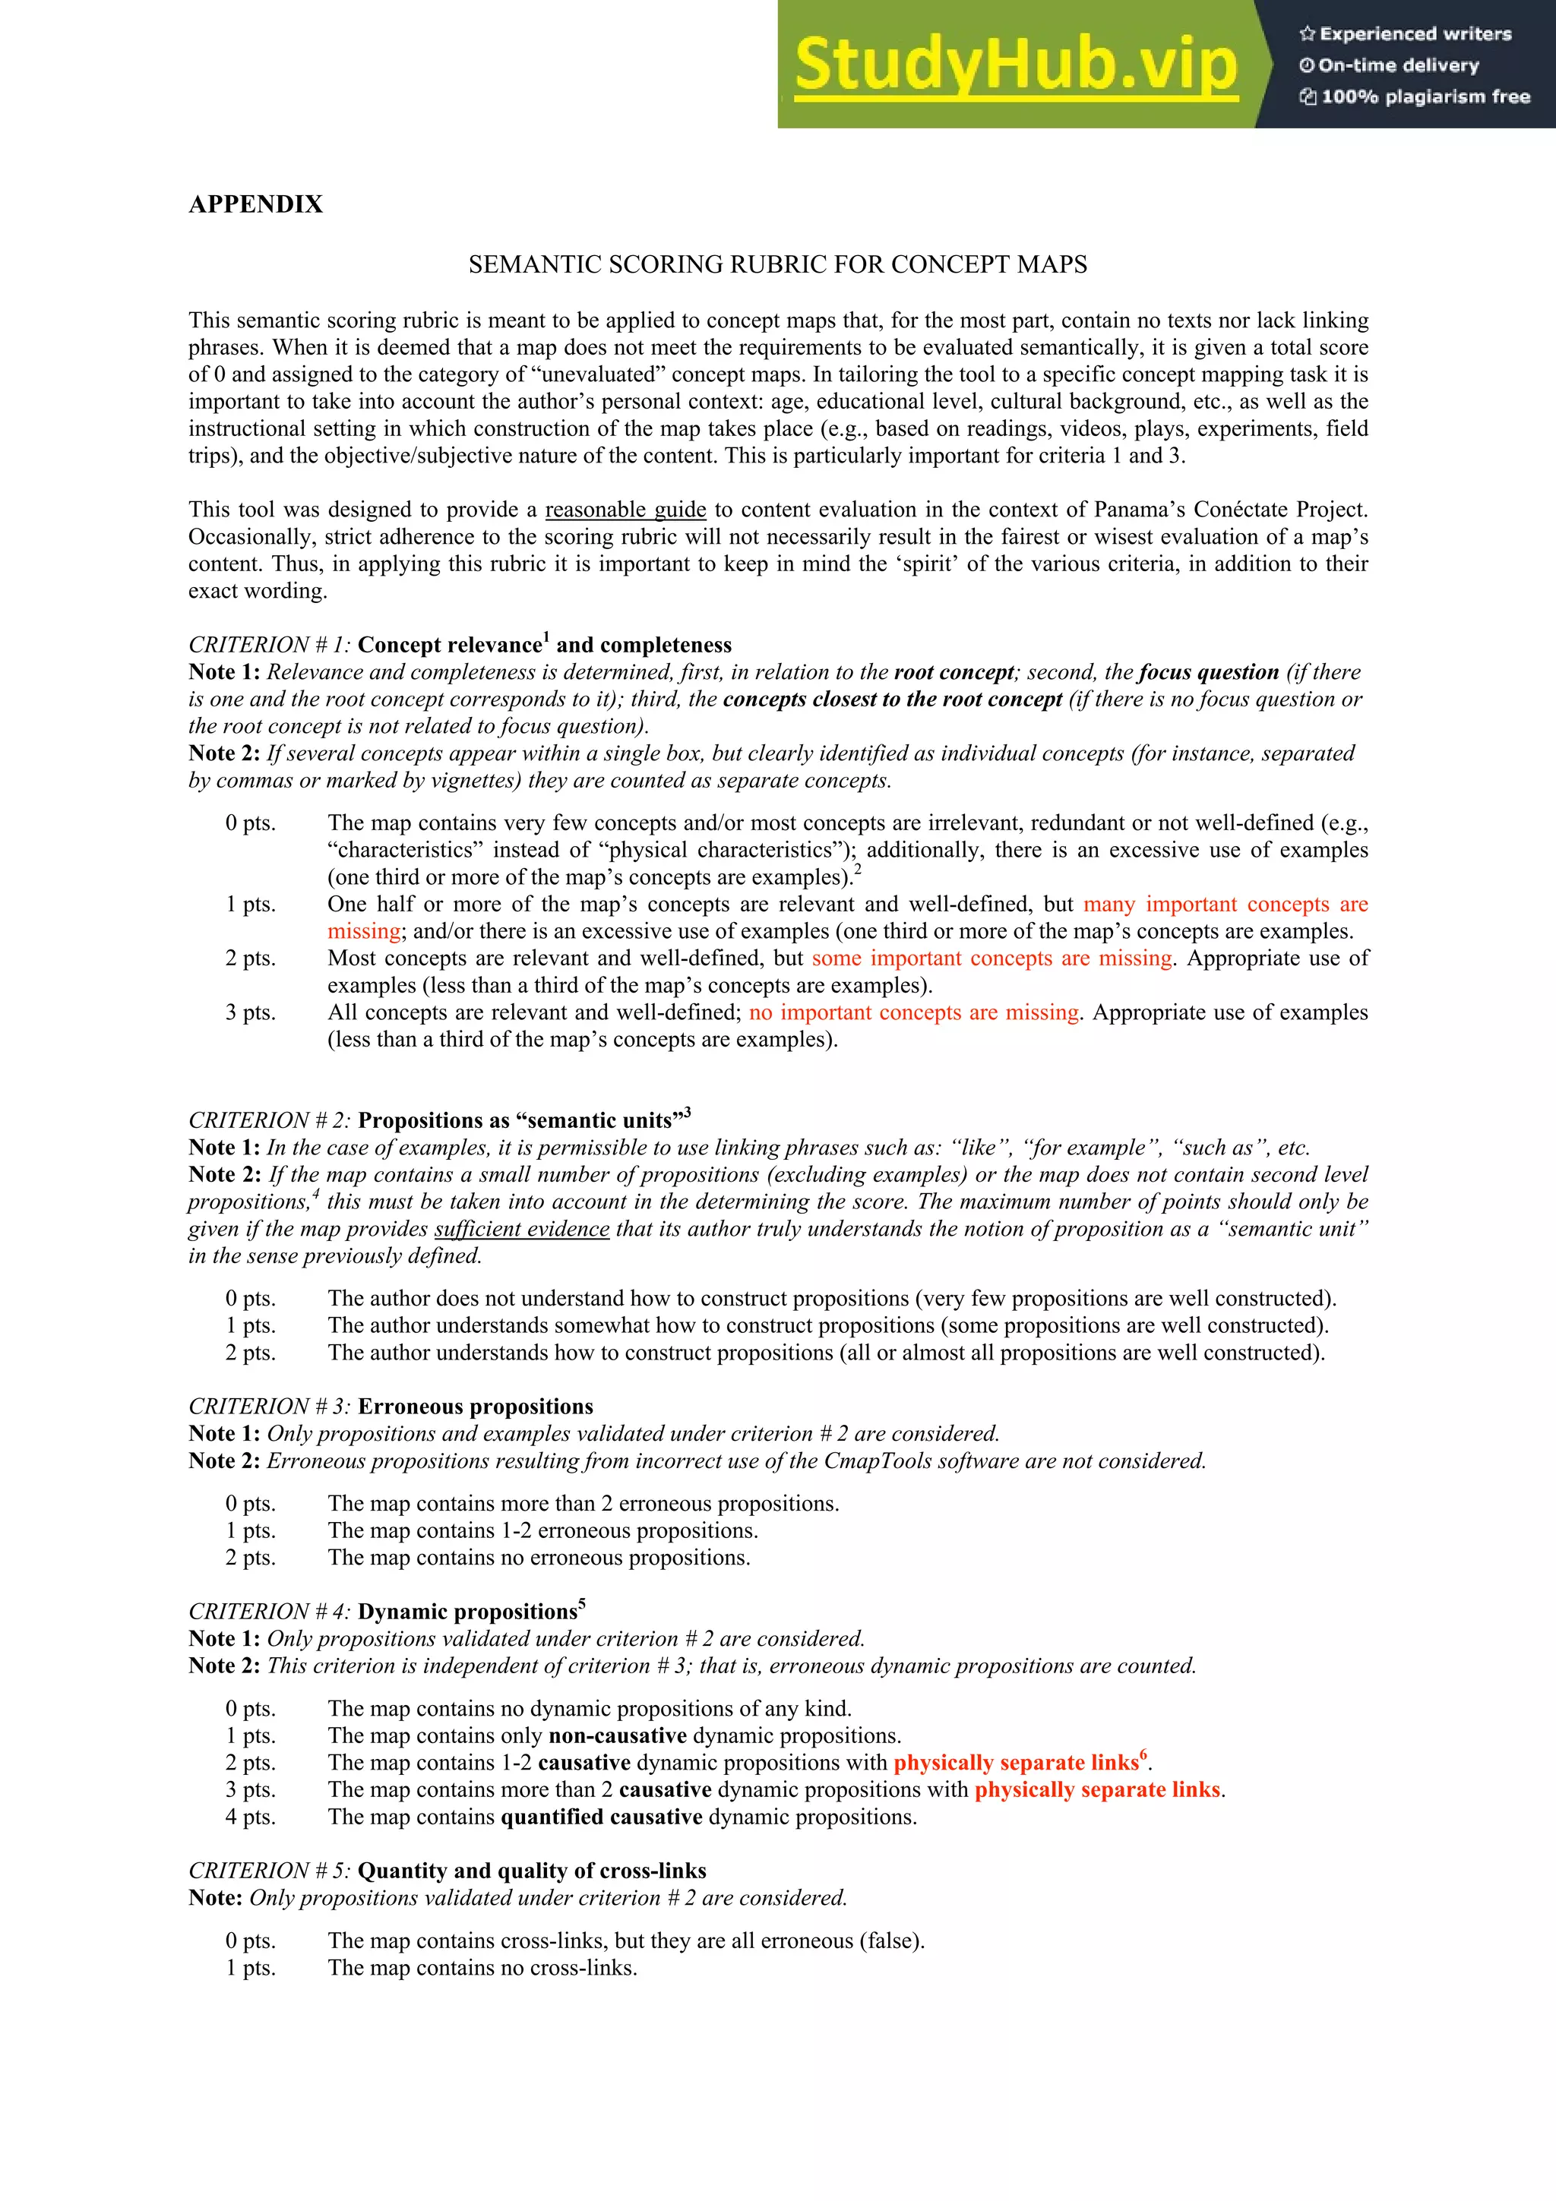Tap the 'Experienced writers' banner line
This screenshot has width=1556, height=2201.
[x=1406, y=33]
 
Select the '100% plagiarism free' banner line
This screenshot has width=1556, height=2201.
[x=1415, y=96]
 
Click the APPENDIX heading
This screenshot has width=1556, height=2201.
[x=256, y=204]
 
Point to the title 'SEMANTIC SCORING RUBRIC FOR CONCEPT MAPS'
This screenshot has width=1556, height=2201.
[x=777, y=264]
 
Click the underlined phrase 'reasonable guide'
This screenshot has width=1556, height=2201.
[x=625, y=510]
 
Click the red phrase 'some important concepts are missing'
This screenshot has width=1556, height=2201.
[x=992, y=958]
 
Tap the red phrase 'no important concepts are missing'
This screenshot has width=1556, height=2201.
[x=915, y=1012]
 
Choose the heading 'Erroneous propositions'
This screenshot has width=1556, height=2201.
[x=476, y=1407]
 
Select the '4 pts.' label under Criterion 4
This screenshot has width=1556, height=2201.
[x=250, y=1817]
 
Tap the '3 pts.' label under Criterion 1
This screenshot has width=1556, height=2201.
[x=250, y=1012]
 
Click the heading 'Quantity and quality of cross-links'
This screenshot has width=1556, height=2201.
[x=532, y=1871]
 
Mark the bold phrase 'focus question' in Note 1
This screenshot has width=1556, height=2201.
[x=1209, y=672]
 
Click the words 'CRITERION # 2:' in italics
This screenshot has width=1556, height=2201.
[x=270, y=1121]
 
